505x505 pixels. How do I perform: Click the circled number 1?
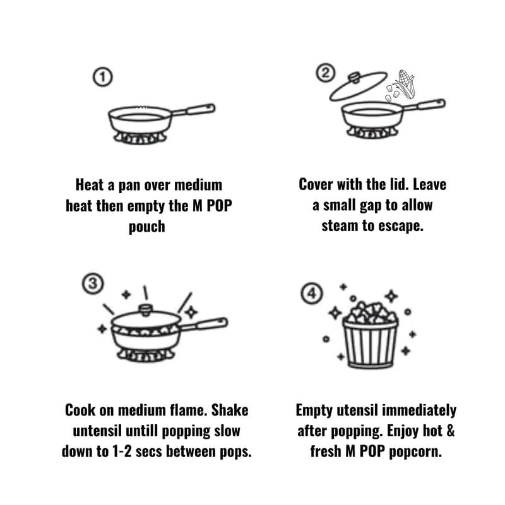pyautogui.click(x=103, y=77)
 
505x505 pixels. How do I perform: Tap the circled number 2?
pyautogui.click(x=325, y=73)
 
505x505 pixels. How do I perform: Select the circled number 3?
pyautogui.click(x=93, y=283)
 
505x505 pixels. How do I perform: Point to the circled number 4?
pyautogui.click(x=312, y=294)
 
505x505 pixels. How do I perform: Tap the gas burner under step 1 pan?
pyautogui.click(x=140, y=138)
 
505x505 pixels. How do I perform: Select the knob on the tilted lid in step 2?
pyautogui.click(x=354, y=78)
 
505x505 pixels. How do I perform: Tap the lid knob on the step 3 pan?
pyautogui.click(x=146, y=310)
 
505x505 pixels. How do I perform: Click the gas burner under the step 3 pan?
pyautogui.click(x=146, y=355)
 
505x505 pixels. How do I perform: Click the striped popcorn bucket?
pyautogui.click(x=370, y=343)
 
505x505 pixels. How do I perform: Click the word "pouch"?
pyautogui.click(x=147, y=227)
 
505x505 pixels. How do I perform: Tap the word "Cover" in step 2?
pyautogui.click(x=316, y=184)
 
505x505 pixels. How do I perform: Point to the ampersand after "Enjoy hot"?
pyautogui.click(x=450, y=431)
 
